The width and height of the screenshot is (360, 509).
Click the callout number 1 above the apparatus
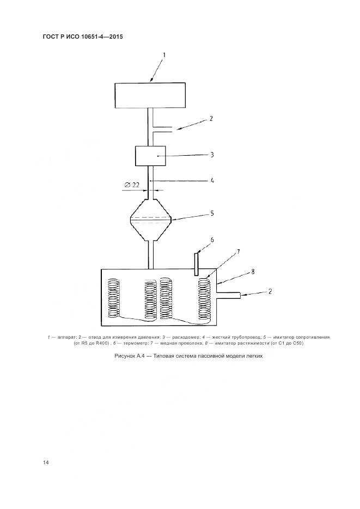pos(164,55)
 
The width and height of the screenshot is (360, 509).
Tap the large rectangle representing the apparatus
pos(150,95)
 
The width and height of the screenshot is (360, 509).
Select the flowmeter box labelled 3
pos(150,156)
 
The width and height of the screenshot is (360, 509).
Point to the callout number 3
pos(212,155)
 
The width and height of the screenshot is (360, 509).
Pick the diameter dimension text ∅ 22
pos(132,185)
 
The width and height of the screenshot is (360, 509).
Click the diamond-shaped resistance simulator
pos(151,219)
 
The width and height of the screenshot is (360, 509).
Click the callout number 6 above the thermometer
pos(212,240)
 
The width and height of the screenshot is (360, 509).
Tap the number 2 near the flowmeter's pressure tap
pos(211,118)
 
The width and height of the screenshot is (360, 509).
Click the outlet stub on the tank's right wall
pos(229,295)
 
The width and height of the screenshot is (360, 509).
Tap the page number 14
pos(46,462)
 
